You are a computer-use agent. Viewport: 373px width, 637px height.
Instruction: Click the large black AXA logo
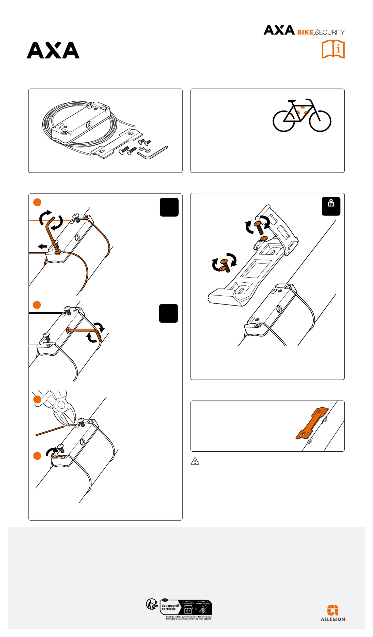click(x=53, y=50)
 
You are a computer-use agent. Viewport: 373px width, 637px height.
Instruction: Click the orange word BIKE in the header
click(x=305, y=32)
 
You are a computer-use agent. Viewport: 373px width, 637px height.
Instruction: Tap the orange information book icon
click(x=333, y=49)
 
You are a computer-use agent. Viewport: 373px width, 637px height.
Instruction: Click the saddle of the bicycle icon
click(x=291, y=101)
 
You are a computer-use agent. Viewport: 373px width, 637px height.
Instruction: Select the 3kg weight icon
click(x=331, y=206)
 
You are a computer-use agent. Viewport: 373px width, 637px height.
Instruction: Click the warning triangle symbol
click(x=195, y=461)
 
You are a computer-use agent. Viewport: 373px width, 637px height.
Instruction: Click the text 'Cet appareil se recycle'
click(x=170, y=607)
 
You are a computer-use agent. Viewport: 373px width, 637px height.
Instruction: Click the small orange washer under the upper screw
click(x=264, y=238)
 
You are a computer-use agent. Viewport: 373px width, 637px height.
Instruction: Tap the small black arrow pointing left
click(x=43, y=246)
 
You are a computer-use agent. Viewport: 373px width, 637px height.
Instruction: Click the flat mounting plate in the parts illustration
click(x=116, y=144)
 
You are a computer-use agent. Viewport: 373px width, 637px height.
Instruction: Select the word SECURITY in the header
click(x=330, y=32)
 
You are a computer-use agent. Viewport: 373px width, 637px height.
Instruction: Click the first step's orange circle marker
click(x=37, y=202)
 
